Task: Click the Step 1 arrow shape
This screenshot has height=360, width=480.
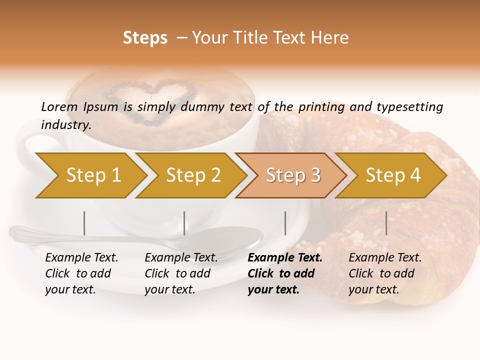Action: (92, 175)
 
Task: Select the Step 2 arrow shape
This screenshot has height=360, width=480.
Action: (192, 175)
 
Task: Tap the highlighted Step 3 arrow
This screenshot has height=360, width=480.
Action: (292, 175)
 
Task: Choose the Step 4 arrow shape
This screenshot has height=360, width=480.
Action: (392, 175)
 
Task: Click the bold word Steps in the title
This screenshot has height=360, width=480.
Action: (145, 38)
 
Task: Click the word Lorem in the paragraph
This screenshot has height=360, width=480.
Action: (59, 106)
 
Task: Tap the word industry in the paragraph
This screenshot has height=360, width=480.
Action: (65, 124)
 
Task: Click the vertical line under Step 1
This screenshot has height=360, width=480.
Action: (84, 223)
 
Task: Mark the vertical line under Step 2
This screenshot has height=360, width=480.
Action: (184, 223)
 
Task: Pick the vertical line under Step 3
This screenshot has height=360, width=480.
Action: (285, 223)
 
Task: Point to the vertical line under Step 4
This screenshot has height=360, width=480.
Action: (386, 223)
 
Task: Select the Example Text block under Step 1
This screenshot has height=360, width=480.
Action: (81, 273)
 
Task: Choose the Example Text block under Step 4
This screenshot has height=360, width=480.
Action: (385, 273)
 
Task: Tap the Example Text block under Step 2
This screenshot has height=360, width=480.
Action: (181, 273)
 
